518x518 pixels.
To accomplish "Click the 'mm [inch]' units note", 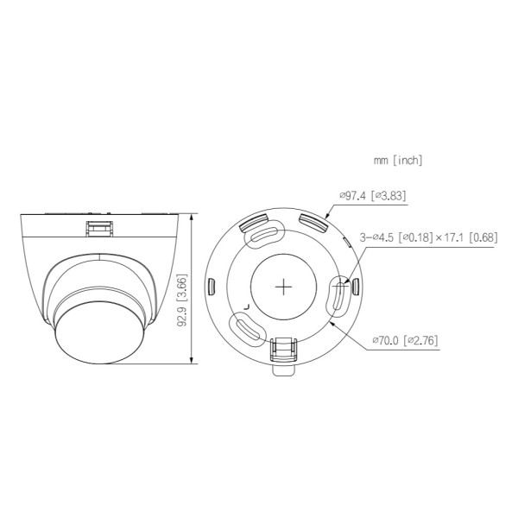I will pos(398,161).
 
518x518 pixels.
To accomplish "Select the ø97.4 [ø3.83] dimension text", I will pos(372,196).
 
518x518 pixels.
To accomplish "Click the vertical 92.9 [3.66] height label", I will pos(180,300).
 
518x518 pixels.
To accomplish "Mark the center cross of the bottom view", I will pos(284,287).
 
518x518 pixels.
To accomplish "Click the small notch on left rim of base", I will pos(212,285).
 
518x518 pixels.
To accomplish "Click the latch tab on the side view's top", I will pos(98,227).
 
